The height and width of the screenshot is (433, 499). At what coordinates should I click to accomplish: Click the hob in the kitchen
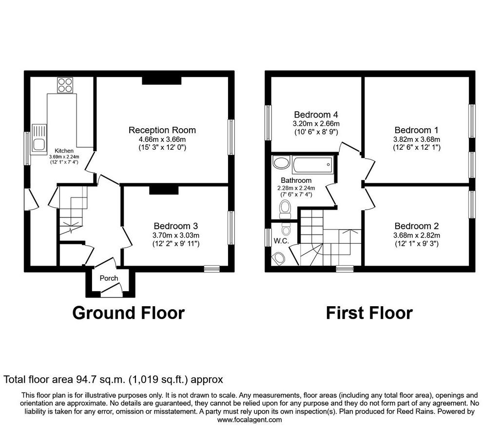[x=65, y=85]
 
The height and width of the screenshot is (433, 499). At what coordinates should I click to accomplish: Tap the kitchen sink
[x=39, y=139]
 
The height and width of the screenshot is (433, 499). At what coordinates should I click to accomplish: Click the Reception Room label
[x=162, y=130]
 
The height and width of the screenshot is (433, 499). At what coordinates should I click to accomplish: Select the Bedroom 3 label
[x=175, y=226]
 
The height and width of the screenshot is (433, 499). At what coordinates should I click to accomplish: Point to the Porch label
[x=109, y=278]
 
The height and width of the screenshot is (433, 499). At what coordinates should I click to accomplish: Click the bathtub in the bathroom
[x=313, y=165]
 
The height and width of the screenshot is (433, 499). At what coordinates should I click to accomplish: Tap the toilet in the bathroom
[x=285, y=209]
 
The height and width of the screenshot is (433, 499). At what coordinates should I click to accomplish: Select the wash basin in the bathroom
[x=281, y=162]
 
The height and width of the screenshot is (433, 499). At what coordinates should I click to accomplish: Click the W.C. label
[x=281, y=241]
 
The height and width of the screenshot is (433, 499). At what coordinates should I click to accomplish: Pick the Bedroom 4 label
[x=316, y=115]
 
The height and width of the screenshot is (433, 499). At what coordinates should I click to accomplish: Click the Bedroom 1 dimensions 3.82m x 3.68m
[x=417, y=139]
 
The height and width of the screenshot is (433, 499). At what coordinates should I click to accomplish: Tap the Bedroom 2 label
[x=417, y=226]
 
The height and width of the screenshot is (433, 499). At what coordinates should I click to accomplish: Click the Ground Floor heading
[x=129, y=313]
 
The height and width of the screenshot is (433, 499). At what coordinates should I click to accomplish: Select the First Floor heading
[x=369, y=313]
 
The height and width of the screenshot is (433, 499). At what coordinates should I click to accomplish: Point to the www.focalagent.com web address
[x=249, y=420]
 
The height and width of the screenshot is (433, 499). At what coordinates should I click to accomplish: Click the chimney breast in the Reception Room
[x=162, y=80]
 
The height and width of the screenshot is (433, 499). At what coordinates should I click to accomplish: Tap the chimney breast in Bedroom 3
[x=164, y=190]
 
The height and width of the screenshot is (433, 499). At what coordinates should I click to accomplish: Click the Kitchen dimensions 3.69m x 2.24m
[x=64, y=157]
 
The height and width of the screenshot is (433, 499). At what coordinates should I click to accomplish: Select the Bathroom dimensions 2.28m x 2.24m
[x=296, y=188]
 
